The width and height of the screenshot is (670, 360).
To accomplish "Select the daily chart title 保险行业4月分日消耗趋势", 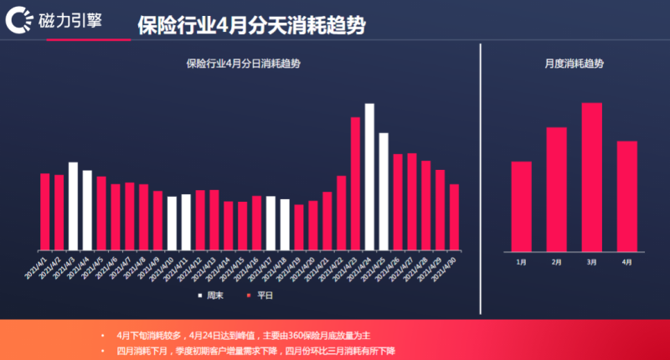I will [244, 64].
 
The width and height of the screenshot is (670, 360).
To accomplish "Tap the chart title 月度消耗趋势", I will [574, 64].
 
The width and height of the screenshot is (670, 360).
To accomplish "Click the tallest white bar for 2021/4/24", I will [369, 177].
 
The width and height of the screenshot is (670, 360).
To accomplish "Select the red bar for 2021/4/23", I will [355, 183].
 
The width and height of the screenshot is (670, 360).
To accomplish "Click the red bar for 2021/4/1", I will [45, 211].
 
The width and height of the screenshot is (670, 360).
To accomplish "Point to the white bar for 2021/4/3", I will [74, 206].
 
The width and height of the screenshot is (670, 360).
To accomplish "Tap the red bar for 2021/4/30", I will [454, 217].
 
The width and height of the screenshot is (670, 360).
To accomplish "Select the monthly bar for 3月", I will [592, 176].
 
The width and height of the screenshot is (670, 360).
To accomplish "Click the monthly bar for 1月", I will [521, 205].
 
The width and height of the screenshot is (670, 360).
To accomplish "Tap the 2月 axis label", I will [557, 262].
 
